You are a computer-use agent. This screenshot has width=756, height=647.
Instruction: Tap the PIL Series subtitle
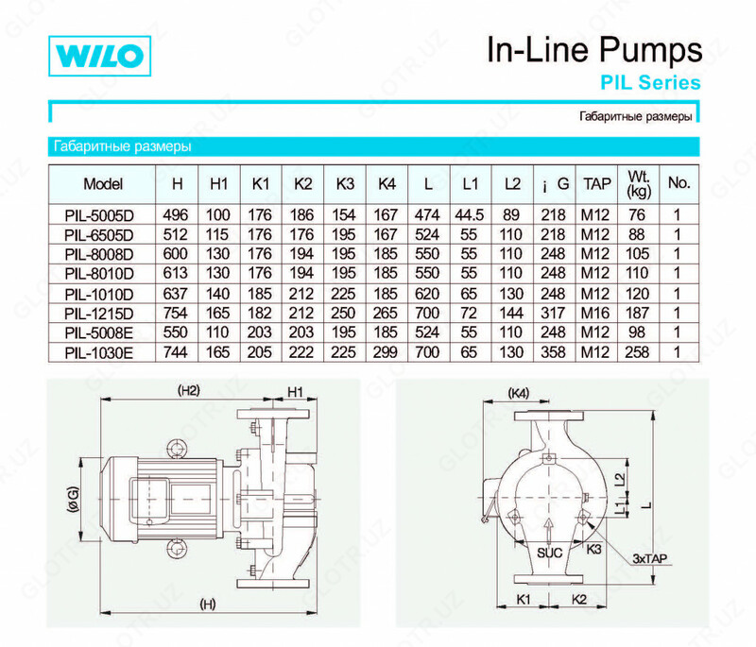(x=649, y=83)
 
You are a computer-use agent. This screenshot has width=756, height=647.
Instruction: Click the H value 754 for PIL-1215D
(x=177, y=312)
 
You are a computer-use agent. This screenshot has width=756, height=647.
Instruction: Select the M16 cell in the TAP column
(x=593, y=312)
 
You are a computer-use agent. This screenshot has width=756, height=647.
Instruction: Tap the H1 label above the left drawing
(x=297, y=389)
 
